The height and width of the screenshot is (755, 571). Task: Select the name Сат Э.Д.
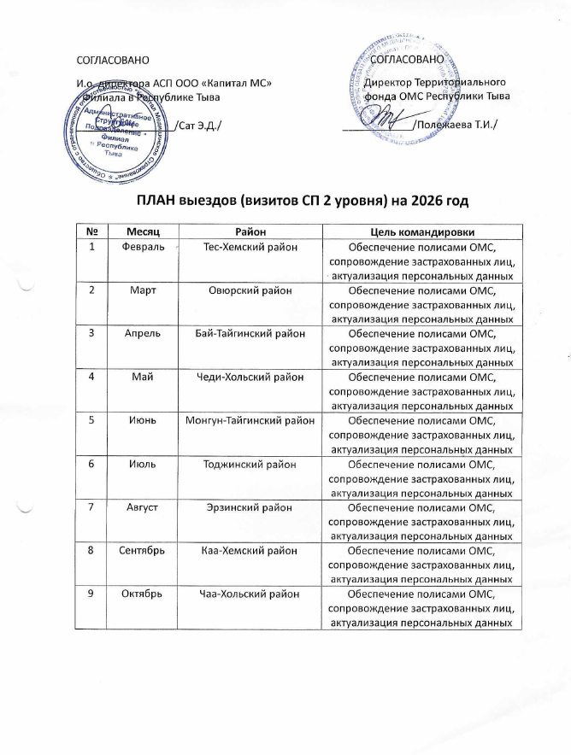point(197,126)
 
